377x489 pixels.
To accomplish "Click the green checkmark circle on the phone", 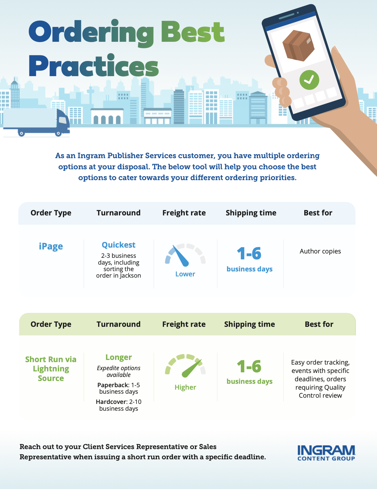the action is [309, 80].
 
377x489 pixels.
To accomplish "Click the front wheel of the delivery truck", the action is [58, 133].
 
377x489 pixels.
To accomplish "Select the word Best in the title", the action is [193, 32].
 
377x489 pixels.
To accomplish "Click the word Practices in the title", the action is [94, 66].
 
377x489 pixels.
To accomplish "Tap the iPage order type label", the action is [51, 246].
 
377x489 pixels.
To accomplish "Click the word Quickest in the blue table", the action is [119, 245].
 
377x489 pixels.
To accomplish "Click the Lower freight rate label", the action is [185, 274].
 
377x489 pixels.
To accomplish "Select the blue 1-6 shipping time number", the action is [249, 253].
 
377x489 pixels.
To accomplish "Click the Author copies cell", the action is [320, 251].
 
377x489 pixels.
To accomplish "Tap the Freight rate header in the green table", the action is [184, 324].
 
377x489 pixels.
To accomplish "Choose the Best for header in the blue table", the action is [318, 213].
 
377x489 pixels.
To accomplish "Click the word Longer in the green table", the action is [119, 357].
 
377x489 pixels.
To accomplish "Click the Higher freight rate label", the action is [185, 387].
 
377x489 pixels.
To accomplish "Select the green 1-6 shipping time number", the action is [249, 366].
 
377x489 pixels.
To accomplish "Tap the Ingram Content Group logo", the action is [326, 453].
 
